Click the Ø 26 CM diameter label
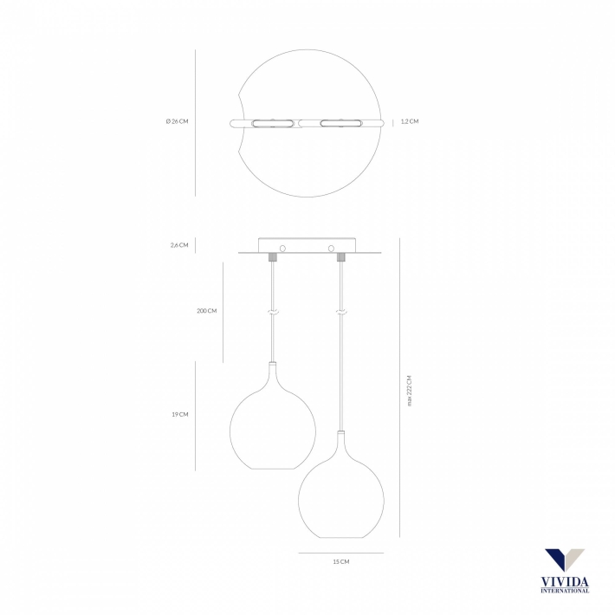click(x=177, y=121)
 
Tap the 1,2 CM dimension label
click(x=410, y=121)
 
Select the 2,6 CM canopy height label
click(x=179, y=245)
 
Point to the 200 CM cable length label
click(x=207, y=311)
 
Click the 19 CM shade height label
click(x=180, y=414)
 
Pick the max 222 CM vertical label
click(x=410, y=391)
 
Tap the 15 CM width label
click(x=340, y=561)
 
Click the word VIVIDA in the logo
click(x=565, y=582)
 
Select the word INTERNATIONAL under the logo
click(x=565, y=590)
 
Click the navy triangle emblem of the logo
click(x=557, y=559)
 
